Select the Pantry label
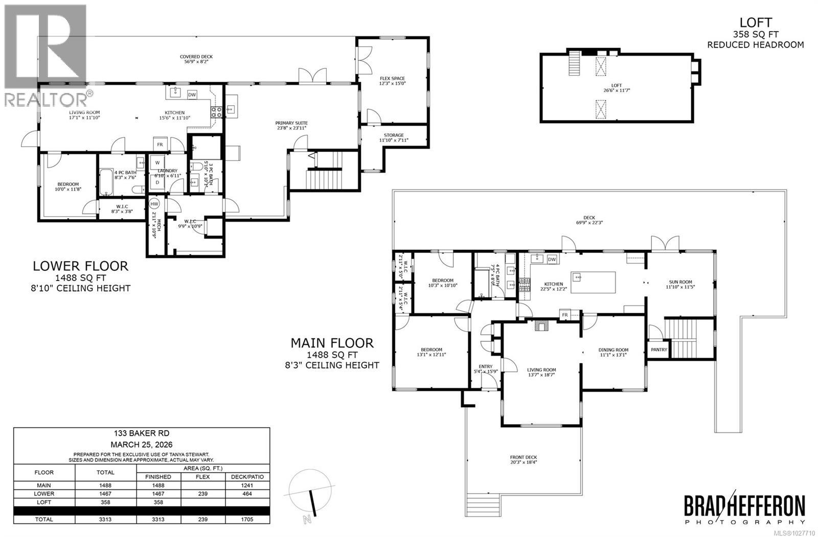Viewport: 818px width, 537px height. click(x=659, y=350)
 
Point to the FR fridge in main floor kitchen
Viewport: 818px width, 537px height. click(x=565, y=315)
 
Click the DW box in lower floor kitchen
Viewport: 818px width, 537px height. click(x=192, y=95)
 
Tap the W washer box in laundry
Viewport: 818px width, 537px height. click(x=157, y=162)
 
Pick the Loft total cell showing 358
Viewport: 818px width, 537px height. click(x=105, y=502)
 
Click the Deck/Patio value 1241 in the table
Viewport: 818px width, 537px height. click(x=247, y=485)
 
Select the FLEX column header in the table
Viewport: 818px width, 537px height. click(x=203, y=477)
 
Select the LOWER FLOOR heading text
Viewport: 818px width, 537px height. click(x=80, y=266)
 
